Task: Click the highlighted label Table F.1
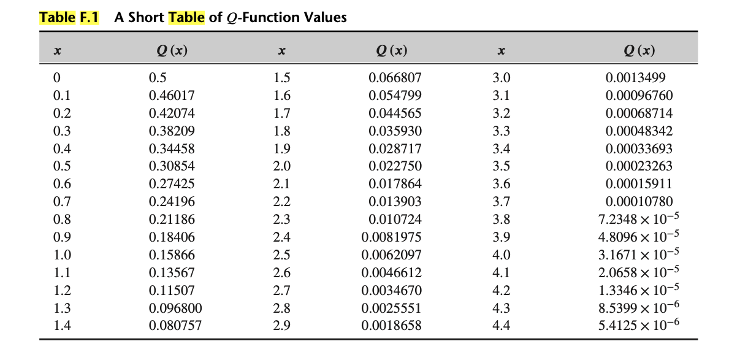(x=69, y=17)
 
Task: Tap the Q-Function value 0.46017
(x=167, y=96)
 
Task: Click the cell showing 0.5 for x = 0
(x=158, y=78)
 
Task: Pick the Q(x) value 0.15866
(x=167, y=255)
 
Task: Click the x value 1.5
(x=281, y=78)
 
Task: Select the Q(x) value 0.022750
(x=395, y=166)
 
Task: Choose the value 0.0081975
(x=391, y=237)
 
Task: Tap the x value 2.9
(x=281, y=326)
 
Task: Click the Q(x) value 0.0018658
(x=391, y=326)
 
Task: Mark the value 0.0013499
(x=635, y=78)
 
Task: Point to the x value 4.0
(x=501, y=255)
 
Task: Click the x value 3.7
(x=501, y=202)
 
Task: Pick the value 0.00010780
(x=639, y=202)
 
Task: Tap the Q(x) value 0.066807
(x=395, y=78)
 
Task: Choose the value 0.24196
(x=167, y=202)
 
